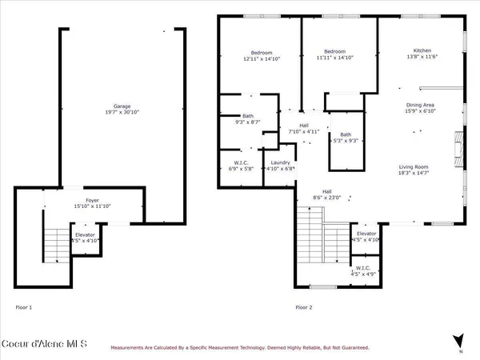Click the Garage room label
coord(122,106)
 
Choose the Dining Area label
coord(419,105)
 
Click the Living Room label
coord(414,166)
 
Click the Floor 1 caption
coord(24,307)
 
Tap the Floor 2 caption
coord(304,307)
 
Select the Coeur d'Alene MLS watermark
coord(43,346)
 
